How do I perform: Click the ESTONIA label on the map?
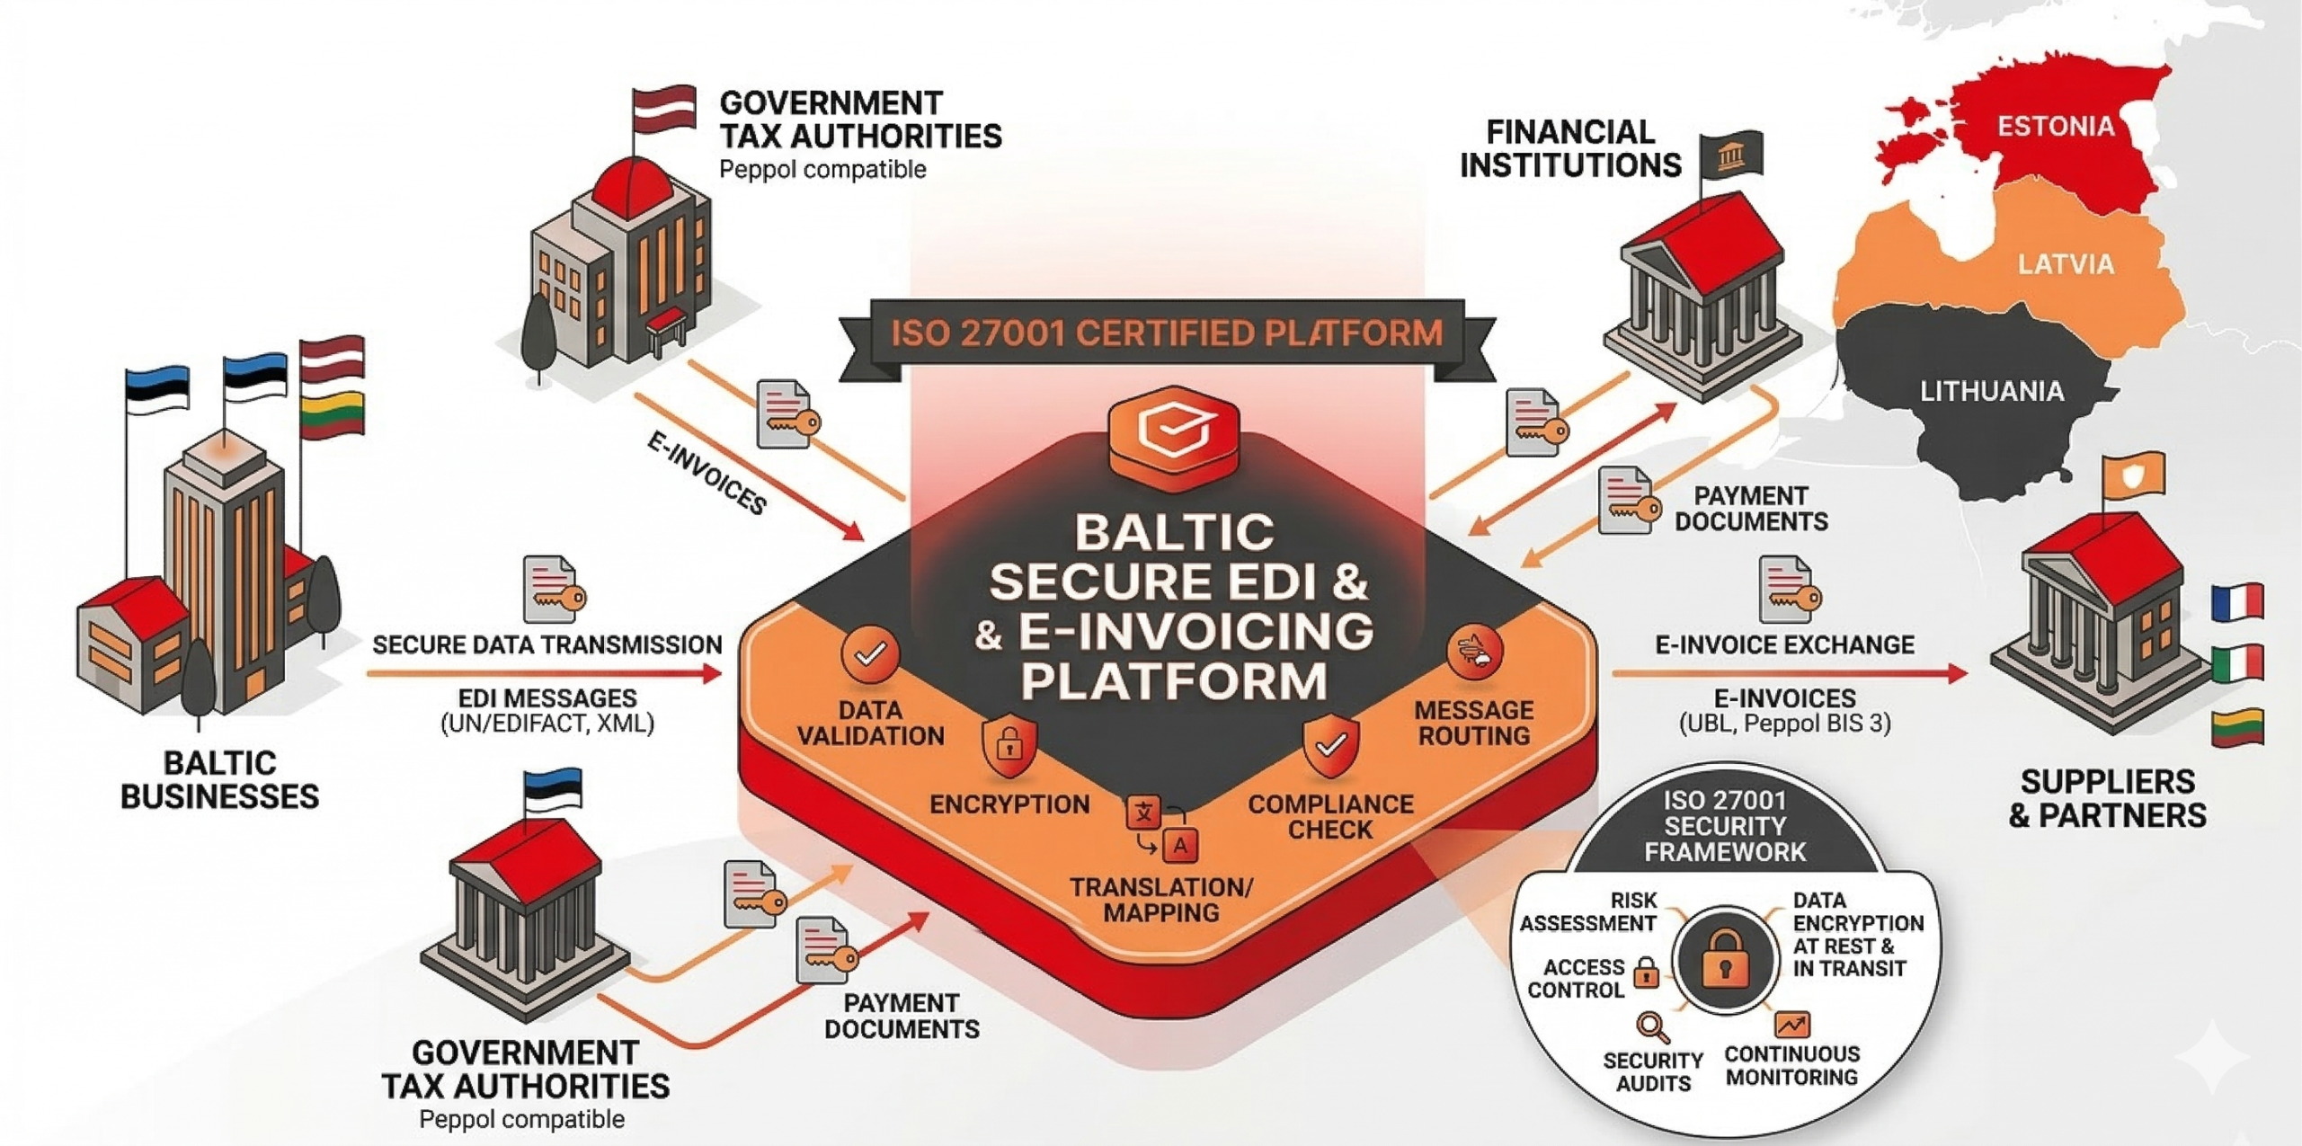pyautogui.click(x=2056, y=126)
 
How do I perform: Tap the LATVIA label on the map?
pyautogui.click(x=2066, y=264)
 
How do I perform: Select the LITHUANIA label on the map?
pyautogui.click(x=1992, y=391)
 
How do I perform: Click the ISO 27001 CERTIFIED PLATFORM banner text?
pyautogui.click(x=1167, y=333)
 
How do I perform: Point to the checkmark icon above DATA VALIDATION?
pyautogui.click(x=870, y=654)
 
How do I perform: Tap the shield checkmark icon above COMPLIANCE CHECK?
pyautogui.click(x=1331, y=745)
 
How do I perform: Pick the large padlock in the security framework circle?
pyautogui.click(x=1725, y=959)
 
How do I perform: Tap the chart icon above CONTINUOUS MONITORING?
pyautogui.click(x=1791, y=1025)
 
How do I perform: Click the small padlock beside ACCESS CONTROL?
pyautogui.click(x=1646, y=973)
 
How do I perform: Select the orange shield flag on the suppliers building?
pyautogui.click(x=2132, y=475)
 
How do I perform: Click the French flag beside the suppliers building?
pyautogui.click(x=2237, y=602)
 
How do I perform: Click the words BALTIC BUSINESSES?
pyautogui.click(x=219, y=780)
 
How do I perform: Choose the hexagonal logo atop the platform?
pyautogui.click(x=1174, y=436)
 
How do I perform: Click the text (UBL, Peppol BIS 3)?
pyautogui.click(x=1784, y=724)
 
